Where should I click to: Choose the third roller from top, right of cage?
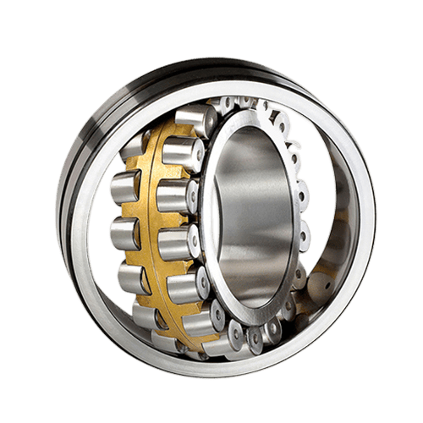174,196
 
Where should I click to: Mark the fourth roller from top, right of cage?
179,241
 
